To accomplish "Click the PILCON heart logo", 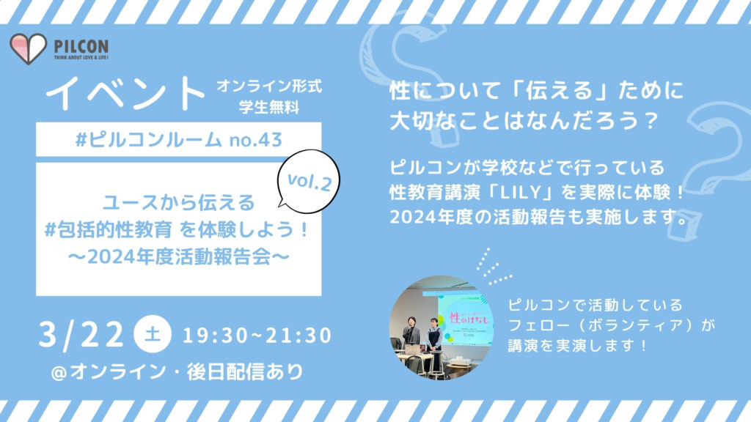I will coord(29,48).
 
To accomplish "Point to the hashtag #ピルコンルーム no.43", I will coord(179,139).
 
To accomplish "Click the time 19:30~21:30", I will coord(254,336).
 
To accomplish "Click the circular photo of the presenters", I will coord(431,327).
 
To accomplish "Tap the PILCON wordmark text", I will coord(81,45).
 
